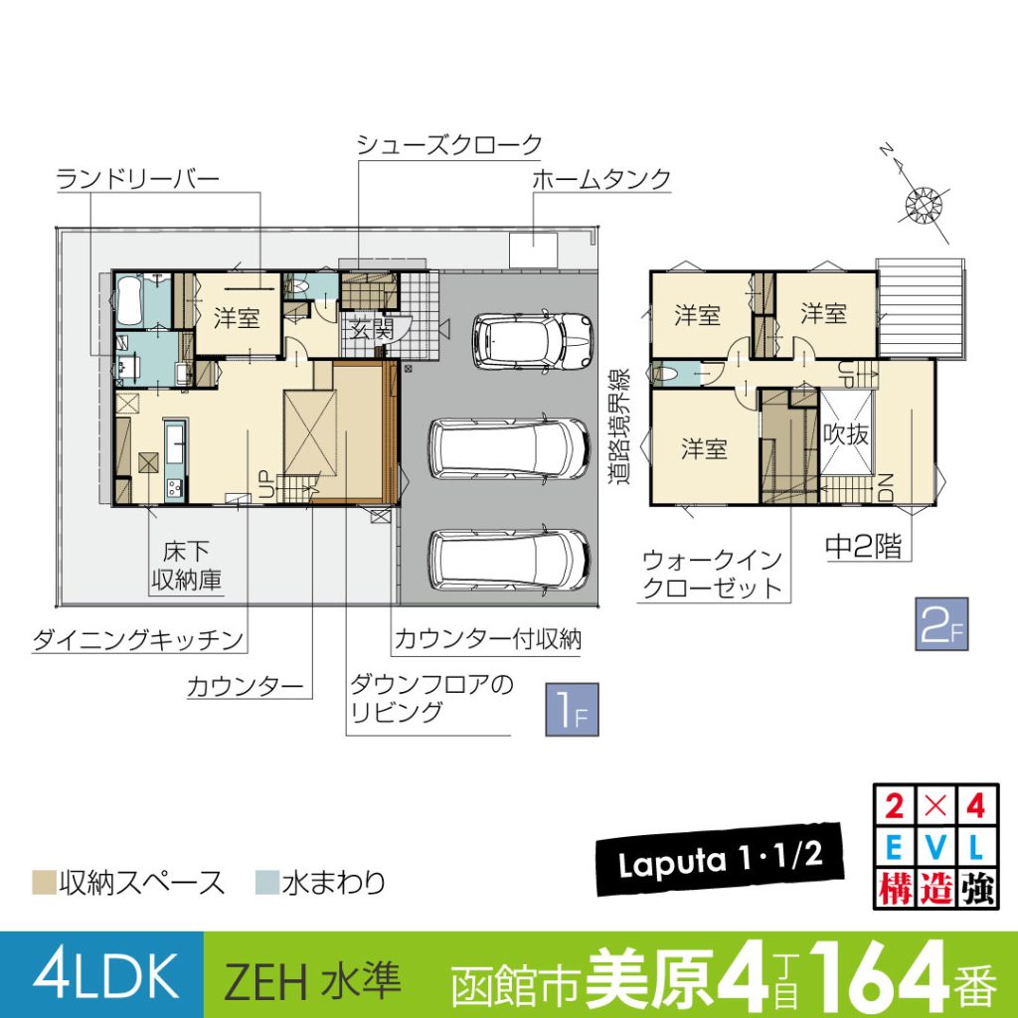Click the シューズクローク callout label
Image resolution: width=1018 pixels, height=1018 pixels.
tap(449, 144)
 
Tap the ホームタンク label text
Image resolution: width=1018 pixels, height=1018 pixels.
tap(601, 179)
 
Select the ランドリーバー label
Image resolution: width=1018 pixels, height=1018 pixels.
tap(137, 179)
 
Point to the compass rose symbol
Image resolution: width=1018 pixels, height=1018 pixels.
tap(924, 202)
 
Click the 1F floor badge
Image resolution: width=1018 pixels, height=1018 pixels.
tap(572, 710)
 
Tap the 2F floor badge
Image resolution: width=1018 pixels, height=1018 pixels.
tap(941, 624)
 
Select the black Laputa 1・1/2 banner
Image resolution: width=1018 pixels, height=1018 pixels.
tap(720, 860)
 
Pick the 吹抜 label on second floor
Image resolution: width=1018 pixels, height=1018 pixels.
tap(845, 434)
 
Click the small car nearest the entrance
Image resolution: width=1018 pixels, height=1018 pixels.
tap(533, 341)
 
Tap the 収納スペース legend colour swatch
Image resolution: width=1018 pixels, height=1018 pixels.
tap(44, 883)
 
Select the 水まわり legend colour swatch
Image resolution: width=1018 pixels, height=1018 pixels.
tap(266, 883)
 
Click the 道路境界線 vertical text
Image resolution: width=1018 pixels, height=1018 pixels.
tap(618, 426)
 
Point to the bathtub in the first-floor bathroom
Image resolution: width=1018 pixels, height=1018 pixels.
tap(129, 300)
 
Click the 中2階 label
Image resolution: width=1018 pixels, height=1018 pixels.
tap(864, 547)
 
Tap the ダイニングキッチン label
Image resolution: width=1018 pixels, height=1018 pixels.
tap(137, 640)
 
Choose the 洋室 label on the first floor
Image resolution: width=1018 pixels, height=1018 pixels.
tap(237, 318)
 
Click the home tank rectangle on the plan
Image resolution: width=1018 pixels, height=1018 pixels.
tap(533, 250)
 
